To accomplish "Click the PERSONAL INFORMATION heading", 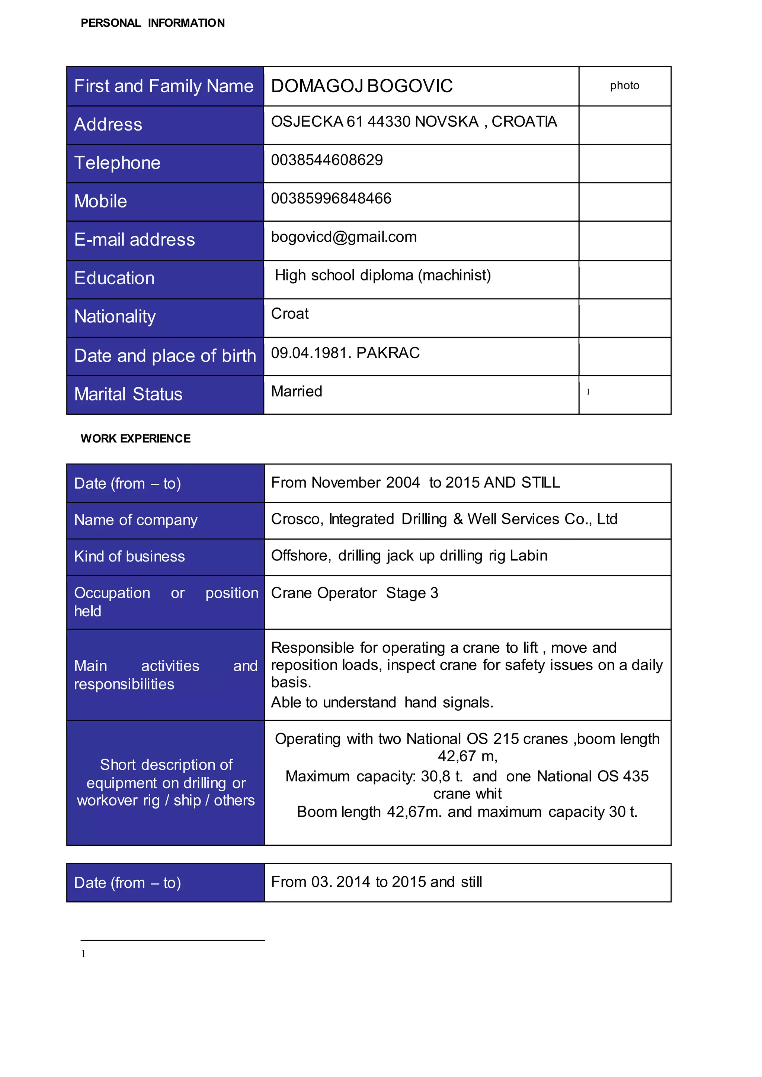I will [153, 23].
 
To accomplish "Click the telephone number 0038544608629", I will [327, 160].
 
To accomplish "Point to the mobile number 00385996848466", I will [331, 199].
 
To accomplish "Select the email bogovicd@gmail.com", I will [343, 237].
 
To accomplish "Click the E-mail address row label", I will [134, 240].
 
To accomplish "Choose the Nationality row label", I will [115, 316].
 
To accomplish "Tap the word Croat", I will [289, 314].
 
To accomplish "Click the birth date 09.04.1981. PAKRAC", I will [345, 353].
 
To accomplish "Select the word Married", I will [297, 392].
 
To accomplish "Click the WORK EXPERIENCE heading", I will [135, 438].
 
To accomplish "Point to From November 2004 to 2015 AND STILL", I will [415, 483].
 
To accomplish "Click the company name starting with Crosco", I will [444, 519].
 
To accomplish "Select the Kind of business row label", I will [129, 557].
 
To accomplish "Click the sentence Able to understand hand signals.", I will [382, 703].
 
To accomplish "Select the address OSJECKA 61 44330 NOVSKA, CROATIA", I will [414, 122].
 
